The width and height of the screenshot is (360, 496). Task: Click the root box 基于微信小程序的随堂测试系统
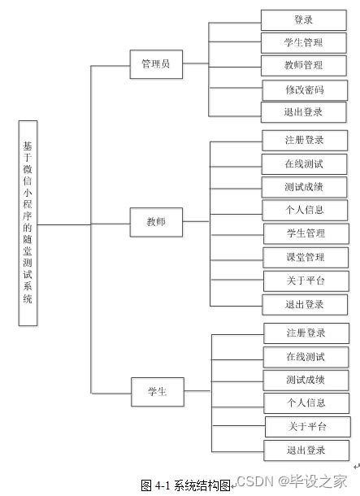(x=28, y=224)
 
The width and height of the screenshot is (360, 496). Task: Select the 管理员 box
(x=156, y=64)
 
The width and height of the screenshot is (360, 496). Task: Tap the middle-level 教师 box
(x=156, y=221)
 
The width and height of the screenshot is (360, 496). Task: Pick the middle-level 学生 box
(x=157, y=392)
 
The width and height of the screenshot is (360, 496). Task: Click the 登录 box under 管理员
(x=303, y=20)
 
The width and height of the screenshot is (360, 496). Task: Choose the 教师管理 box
(x=303, y=65)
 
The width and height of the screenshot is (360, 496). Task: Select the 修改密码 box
(x=305, y=89)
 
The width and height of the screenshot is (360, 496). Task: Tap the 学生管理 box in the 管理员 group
(x=303, y=42)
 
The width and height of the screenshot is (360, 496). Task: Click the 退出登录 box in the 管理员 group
(x=304, y=112)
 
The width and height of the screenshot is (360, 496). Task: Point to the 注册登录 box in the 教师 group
(x=305, y=140)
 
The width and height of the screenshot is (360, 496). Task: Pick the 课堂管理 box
(x=306, y=257)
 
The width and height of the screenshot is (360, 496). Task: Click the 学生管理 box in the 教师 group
(x=306, y=233)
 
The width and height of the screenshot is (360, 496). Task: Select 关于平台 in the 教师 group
(x=306, y=281)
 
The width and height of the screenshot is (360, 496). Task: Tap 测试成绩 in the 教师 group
(x=305, y=187)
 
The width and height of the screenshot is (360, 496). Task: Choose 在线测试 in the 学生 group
(x=306, y=356)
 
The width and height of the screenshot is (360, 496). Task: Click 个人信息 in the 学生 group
(x=306, y=402)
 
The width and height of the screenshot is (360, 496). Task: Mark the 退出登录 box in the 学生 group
(x=306, y=450)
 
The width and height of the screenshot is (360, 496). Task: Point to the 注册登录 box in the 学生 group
(x=306, y=333)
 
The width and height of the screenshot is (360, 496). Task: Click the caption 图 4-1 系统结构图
(x=185, y=485)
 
